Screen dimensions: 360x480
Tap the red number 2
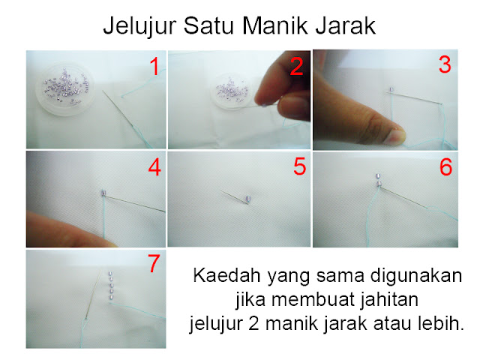296,67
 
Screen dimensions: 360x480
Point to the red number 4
154,168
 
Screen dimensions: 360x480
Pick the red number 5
299,166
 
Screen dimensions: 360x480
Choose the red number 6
445,167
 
